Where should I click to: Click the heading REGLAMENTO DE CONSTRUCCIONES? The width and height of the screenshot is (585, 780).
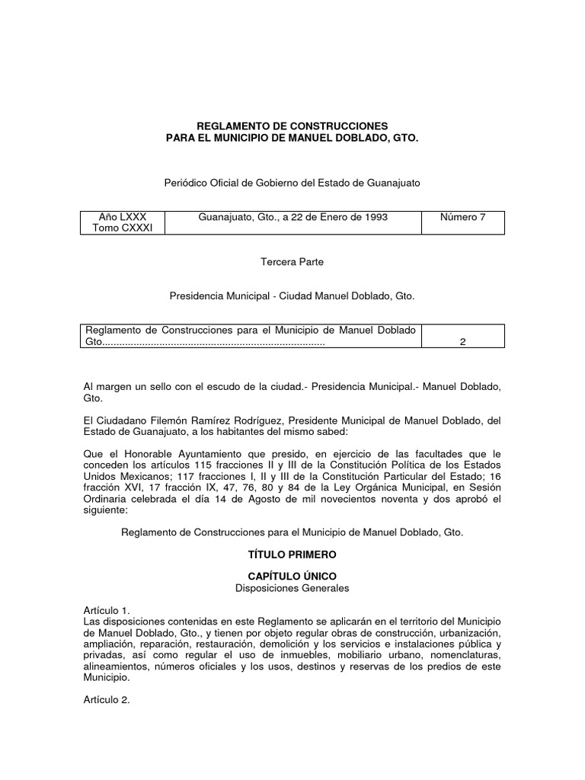(x=292, y=125)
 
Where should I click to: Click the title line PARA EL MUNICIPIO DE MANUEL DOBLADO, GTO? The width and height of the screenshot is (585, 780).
(x=292, y=137)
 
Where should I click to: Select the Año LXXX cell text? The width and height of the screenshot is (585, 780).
(x=122, y=217)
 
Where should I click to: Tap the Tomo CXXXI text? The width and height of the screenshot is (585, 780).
(x=122, y=229)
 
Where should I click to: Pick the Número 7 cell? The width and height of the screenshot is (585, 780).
(x=462, y=217)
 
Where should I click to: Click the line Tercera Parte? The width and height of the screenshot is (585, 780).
(x=292, y=262)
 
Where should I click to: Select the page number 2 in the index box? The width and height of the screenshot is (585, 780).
(x=462, y=342)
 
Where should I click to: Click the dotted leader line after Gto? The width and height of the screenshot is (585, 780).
(x=213, y=342)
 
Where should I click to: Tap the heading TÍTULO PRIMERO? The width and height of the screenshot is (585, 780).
(x=292, y=558)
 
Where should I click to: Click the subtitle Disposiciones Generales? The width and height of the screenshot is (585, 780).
(x=292, y=590)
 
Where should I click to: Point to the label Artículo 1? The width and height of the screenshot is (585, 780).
(x=106, y=611)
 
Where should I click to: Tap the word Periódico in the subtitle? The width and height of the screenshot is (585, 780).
(x=187, y=183)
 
